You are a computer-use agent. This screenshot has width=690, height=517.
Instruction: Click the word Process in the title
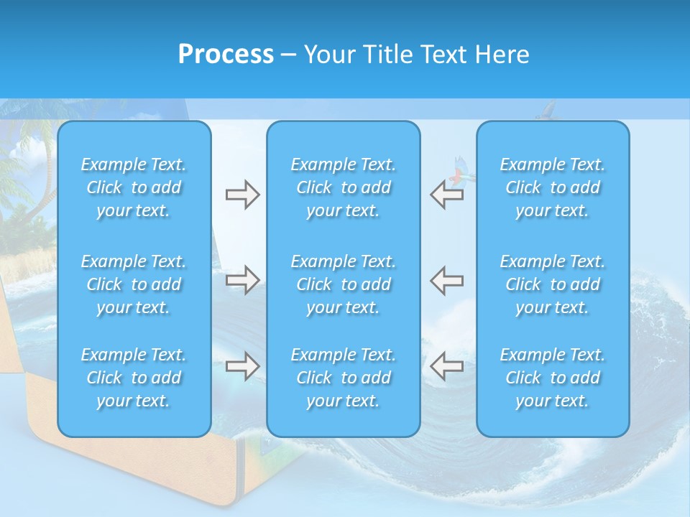click(226, 55)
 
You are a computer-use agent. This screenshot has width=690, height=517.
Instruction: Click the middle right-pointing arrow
click(242, 280)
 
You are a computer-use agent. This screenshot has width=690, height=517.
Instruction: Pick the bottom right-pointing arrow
click(242, 366)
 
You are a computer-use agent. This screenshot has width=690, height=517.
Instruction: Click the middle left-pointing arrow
click(446, 280)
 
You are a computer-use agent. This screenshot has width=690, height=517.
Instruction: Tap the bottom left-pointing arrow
click(446, 366)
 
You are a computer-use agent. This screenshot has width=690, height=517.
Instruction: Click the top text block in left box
click(134, 187)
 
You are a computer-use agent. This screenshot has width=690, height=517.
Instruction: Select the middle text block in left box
click(134, 284)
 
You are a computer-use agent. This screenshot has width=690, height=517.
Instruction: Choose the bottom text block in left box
click(134, 378)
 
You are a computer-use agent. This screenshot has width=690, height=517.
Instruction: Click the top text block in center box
click(344, 187)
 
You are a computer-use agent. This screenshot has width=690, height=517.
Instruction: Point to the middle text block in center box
click(344, 284)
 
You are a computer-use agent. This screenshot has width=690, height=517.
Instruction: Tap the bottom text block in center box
click(344, 378)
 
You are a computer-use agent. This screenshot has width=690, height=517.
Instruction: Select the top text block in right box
click(553, 187)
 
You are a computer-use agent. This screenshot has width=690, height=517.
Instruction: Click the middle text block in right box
click(553, 284)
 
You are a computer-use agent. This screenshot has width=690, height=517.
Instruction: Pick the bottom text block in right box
click(553, 378)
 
